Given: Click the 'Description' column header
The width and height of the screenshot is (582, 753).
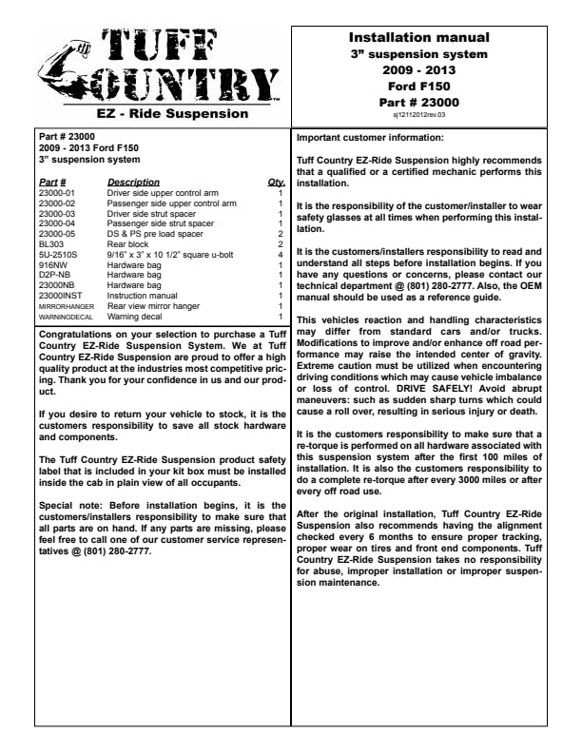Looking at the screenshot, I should coord(133,182).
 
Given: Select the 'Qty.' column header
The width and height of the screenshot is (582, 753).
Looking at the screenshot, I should coord(277,182).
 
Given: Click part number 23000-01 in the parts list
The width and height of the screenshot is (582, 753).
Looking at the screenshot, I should coord(58,193).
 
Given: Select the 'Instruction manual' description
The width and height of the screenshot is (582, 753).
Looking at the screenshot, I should coord(142,296).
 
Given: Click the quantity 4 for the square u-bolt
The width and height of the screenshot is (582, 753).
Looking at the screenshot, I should coord(281,255).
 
